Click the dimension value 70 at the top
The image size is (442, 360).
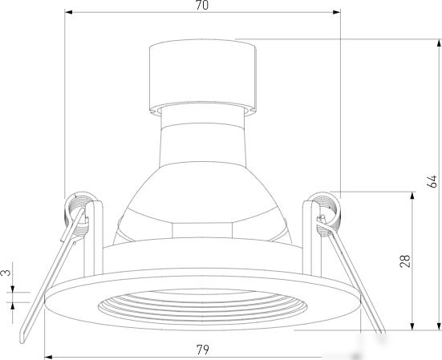202,5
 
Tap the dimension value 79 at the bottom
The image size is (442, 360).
203,350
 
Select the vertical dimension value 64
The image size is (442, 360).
432,181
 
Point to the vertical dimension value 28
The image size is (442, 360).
405,261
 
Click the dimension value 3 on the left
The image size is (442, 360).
6,273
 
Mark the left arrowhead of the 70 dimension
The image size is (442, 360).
68,12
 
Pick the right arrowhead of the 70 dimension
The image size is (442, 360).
337,12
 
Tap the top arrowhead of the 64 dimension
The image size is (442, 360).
439,43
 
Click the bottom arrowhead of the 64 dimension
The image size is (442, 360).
439,326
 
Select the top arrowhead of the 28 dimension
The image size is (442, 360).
412,196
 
